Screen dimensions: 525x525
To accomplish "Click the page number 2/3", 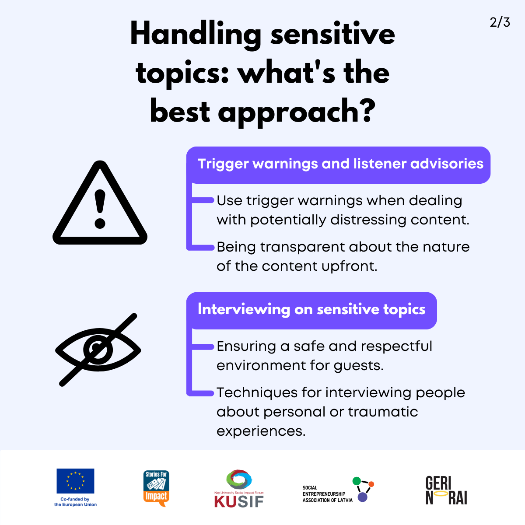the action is pos(500,22).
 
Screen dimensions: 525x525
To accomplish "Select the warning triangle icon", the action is pos(100,203).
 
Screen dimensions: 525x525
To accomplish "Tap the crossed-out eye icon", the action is pos(98,350).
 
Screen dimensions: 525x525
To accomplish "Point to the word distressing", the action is pos(368,220).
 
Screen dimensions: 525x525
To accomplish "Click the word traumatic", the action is pos(383,412).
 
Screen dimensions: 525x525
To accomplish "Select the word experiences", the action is pos(261,431).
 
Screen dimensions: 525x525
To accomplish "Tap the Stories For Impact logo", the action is pos(156,488).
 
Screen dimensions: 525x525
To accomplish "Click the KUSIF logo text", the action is pos(239,501).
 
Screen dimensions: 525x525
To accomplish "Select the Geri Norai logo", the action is pos(446,490).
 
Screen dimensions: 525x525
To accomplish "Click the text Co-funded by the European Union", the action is pos(75,502).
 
